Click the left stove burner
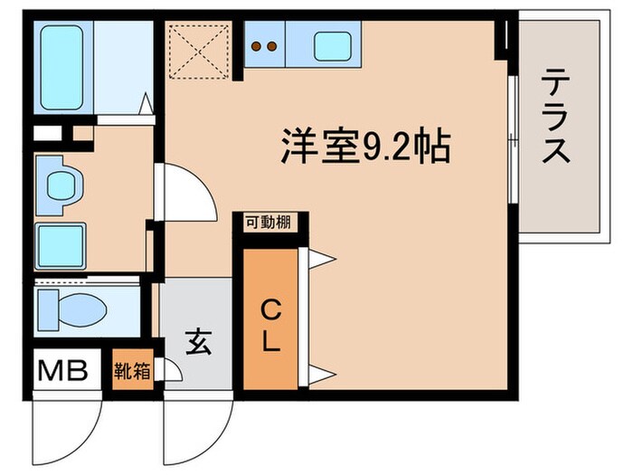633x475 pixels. pos(257,45)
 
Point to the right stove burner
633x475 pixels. pos(270,45)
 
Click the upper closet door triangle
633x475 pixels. pos(321,260)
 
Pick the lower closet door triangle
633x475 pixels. pos(321,373)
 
